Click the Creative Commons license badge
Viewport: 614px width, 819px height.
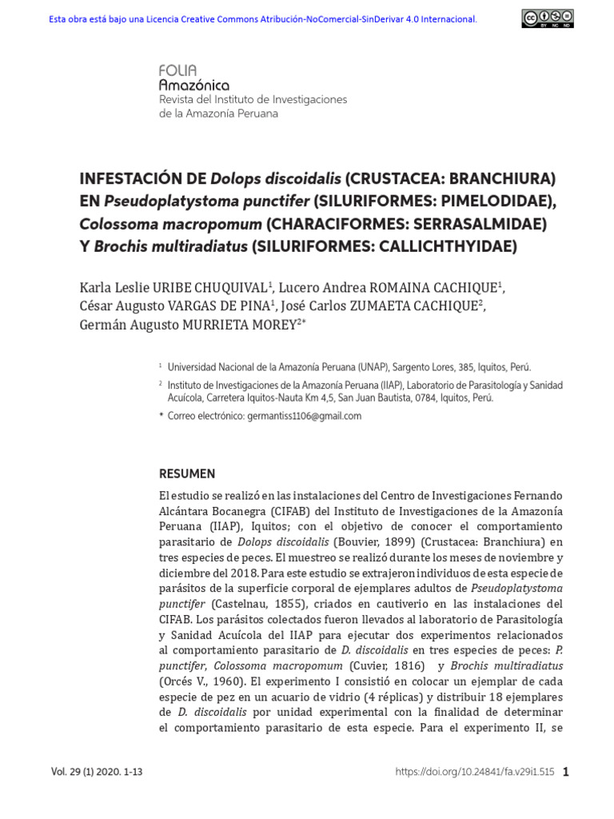point(548,18)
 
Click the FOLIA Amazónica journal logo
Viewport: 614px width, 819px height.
point(194,78)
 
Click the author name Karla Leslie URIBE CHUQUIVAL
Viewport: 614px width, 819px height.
point(175,287)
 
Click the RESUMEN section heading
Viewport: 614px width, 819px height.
point(187,473)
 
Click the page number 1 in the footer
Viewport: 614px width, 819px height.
point(566,773)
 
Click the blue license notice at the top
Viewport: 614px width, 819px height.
point(263,19)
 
